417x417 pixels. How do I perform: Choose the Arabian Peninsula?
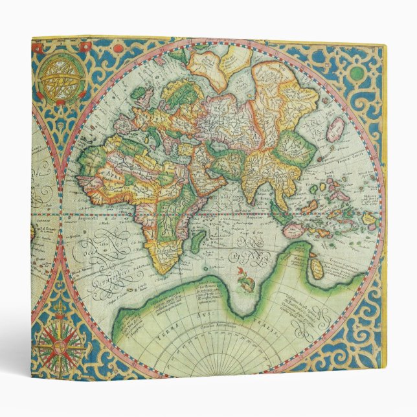[x=207, y=179]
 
